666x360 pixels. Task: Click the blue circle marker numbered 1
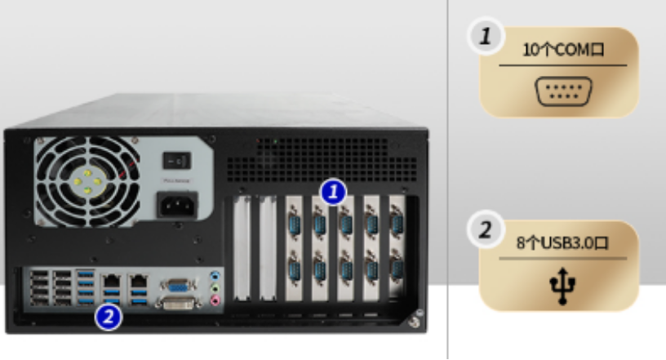[332, 192]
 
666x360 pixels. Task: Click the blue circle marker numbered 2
[109, 313]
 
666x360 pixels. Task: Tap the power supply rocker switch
[175, 161]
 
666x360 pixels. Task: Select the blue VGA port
[178, 285]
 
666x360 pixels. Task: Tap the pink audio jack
[215, 300]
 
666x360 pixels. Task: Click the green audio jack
[215, 288]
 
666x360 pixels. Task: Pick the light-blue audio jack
[215, 276]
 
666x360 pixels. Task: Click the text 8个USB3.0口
[559, 242]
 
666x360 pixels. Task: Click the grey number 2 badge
[486, 229]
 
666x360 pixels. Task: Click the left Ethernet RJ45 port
[110, 280]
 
